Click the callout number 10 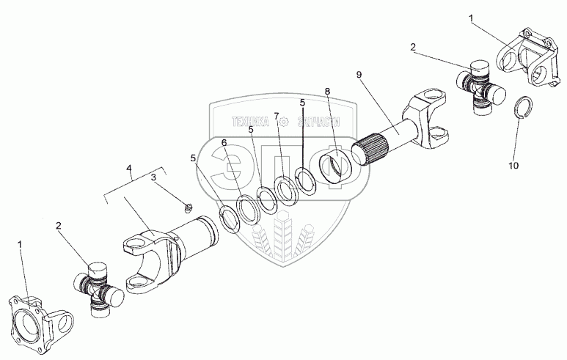pyautogui.click(x=513, y=166)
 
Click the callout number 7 pyautogui.click(x=277, y=116)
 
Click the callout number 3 pyautogui.click(x=153, y=177)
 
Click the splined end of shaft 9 pyautogui.click(x=372, y=149)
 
